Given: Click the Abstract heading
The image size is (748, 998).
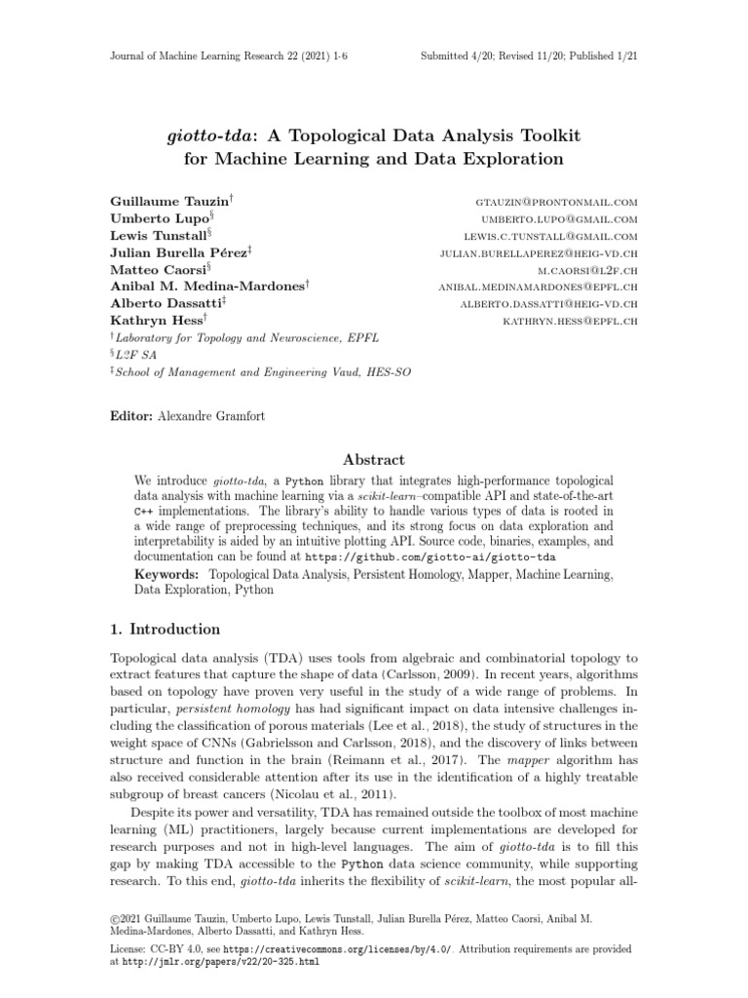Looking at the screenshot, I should point(374,460).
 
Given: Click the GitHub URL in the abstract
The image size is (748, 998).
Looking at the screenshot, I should point(430,557).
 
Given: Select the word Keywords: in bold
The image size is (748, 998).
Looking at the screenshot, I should point(167,575).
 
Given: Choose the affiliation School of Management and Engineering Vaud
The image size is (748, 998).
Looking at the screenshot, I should point(256,370).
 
